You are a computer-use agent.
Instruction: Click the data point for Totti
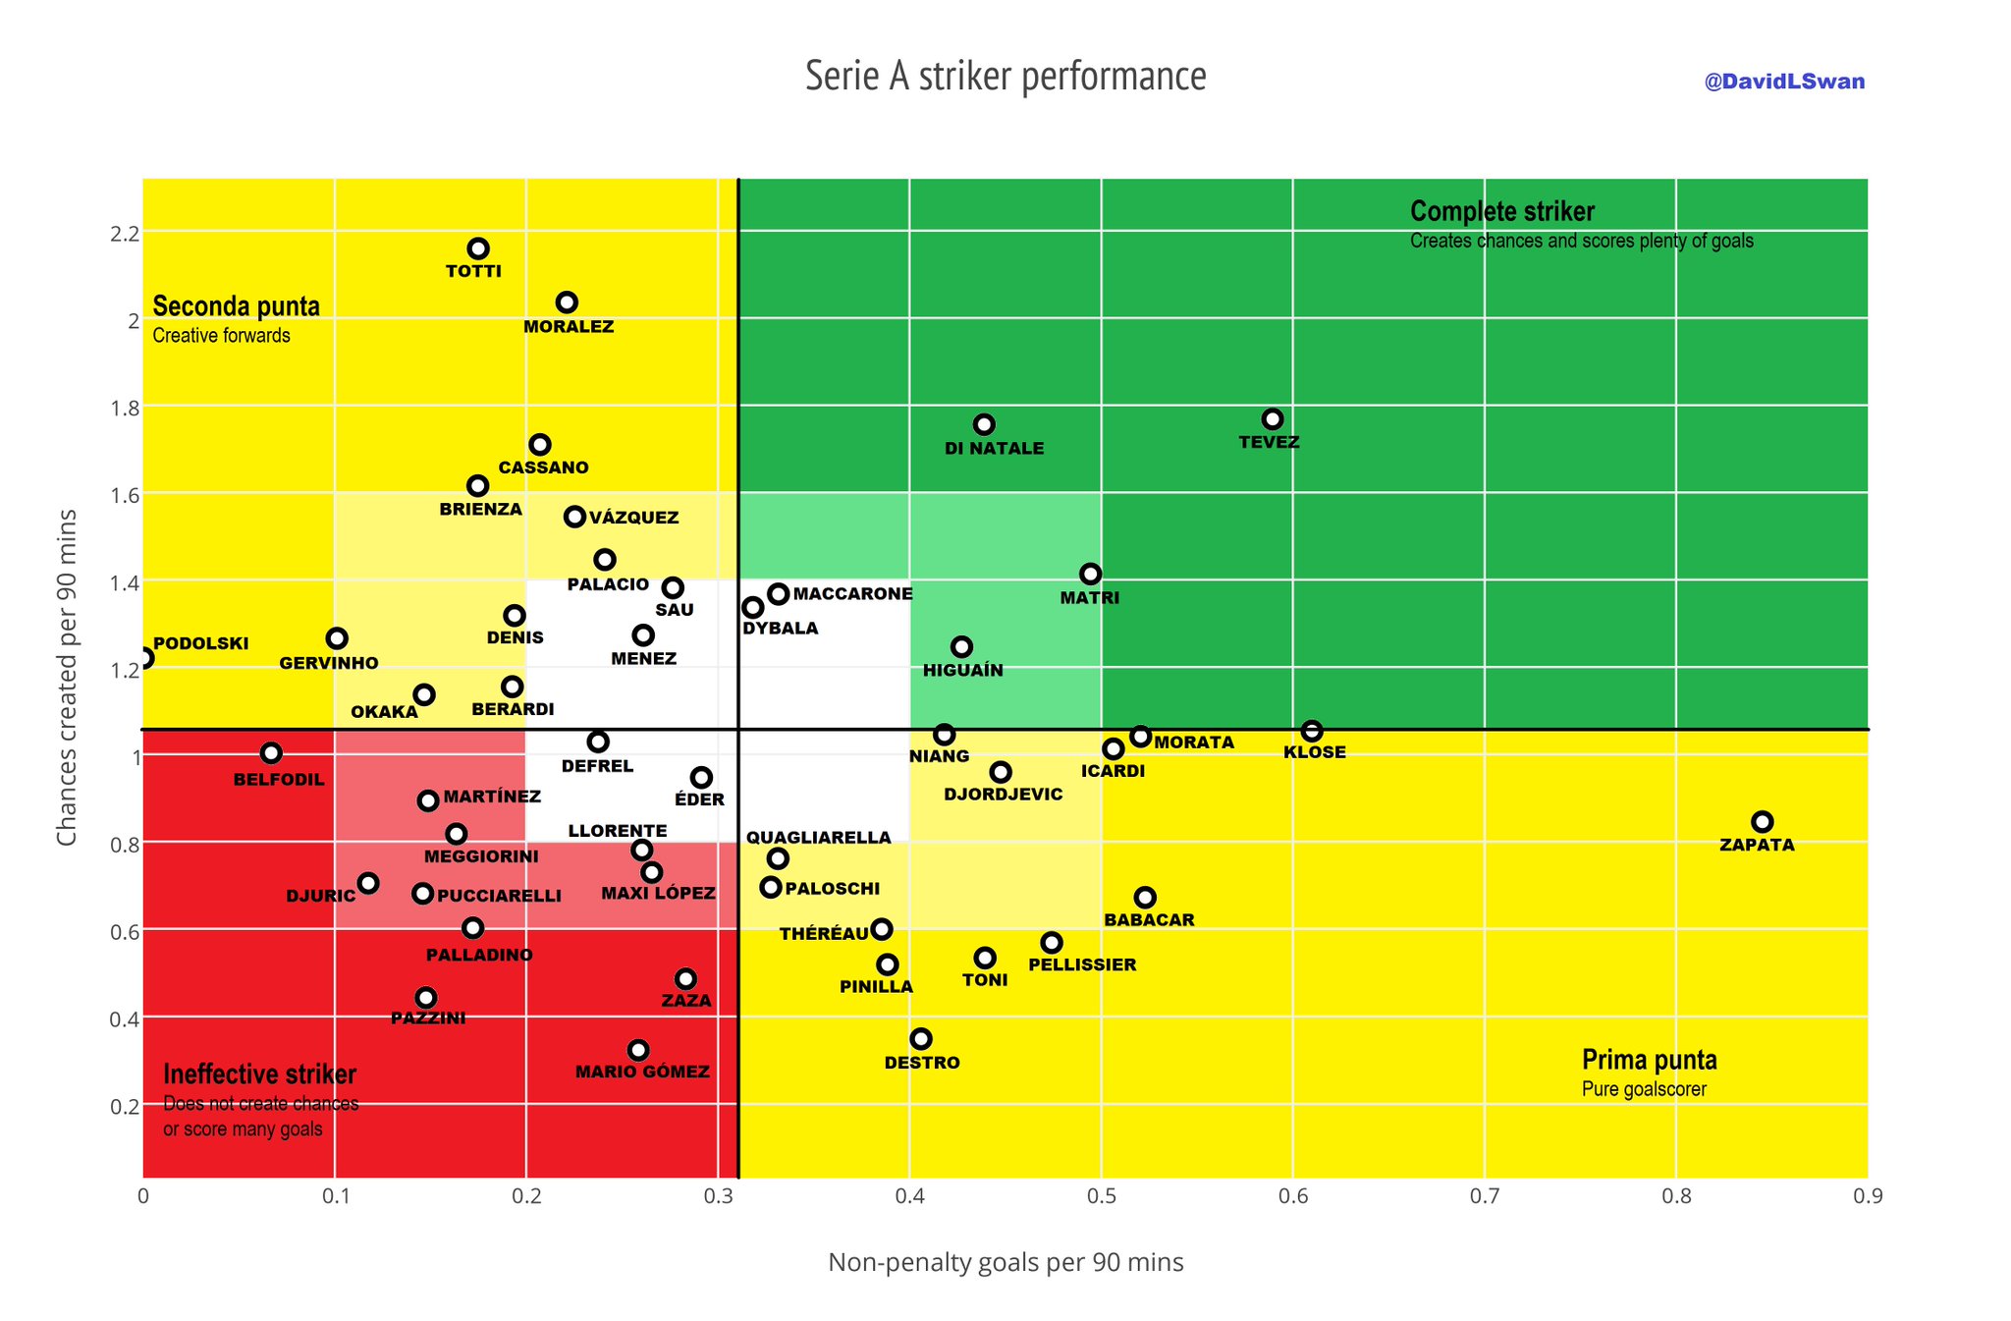478,248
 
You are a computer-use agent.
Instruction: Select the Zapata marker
1763,822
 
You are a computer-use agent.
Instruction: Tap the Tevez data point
1273,419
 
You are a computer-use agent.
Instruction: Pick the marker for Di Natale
984,424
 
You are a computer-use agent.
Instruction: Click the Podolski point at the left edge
144,658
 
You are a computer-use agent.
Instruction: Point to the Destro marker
921,1039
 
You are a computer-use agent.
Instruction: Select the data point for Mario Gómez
638,1050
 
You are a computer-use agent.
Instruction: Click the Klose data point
1312,731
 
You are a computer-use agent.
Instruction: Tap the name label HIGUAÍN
963,671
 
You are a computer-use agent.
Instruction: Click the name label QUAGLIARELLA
819,838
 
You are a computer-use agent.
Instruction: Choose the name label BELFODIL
279,780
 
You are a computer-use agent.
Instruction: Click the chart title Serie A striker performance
1005,77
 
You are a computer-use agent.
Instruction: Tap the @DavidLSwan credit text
1784,82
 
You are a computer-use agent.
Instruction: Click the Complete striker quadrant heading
1502,211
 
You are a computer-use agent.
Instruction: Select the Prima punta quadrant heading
1650,1060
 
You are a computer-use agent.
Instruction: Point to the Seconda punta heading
237,306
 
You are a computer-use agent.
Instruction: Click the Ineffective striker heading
260,1074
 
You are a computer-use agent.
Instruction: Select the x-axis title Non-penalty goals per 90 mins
1005,1262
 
